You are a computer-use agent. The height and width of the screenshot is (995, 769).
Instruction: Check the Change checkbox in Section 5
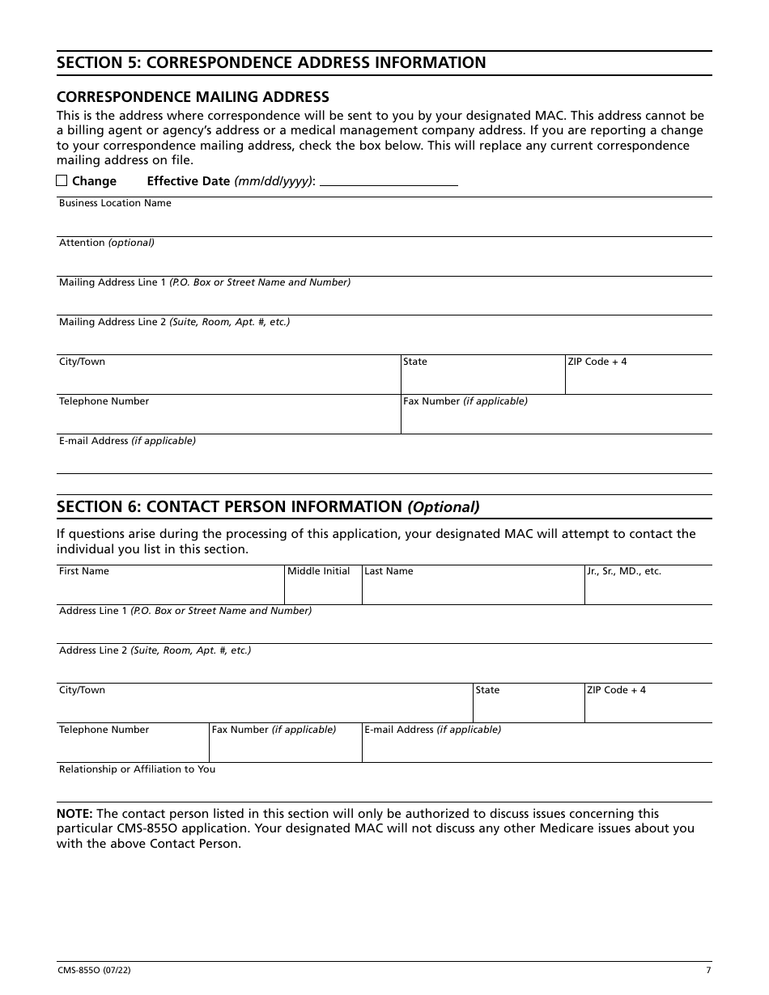(x=62, y=180)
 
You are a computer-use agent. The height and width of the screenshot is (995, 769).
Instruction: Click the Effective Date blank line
(x=389, y=181)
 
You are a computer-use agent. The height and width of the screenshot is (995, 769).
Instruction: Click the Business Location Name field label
(x=115, y=203)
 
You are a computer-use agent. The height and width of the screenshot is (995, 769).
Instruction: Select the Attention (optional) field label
(x=106, y=243)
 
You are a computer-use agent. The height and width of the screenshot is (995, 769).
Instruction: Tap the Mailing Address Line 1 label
(x=204, y=282)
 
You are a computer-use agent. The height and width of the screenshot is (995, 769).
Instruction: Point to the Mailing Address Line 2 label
(x=174, y=322)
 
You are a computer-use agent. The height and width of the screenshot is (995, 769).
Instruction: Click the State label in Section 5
(x=415, y=362)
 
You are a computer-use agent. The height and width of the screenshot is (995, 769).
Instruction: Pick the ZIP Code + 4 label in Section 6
(x=616, y=690)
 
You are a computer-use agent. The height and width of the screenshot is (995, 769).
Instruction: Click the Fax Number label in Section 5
(x=465, y=401)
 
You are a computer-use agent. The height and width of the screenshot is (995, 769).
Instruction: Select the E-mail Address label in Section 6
(x=432, y=730)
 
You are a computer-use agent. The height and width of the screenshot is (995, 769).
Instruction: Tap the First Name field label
(x=83, y=571)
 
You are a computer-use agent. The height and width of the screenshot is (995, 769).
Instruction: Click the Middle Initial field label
(x=319, y=571)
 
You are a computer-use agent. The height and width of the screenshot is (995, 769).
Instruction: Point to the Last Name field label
(x=389, y=571)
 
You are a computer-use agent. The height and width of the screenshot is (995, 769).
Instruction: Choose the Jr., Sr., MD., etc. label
(x=624, y=571)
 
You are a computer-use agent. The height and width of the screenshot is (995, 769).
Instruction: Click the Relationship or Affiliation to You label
(x=137, y=769)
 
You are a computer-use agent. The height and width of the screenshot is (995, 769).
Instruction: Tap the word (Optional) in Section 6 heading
(x=443, y=507)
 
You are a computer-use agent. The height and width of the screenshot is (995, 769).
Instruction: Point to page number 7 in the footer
(x=708, y=971)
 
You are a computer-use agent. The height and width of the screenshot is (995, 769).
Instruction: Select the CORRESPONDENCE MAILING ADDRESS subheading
(x=193, y=97)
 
